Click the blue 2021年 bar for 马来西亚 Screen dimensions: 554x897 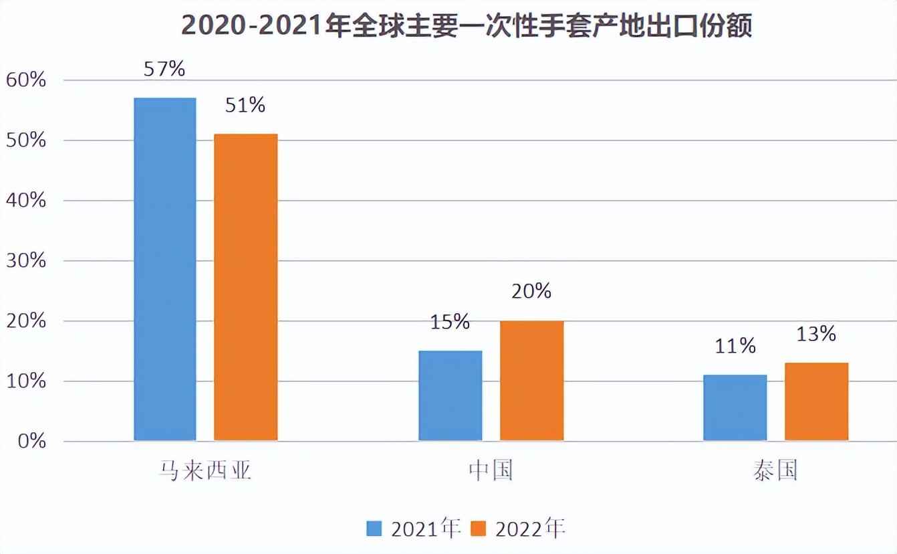[165, 269]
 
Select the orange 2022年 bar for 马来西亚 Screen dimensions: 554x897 [245, 287]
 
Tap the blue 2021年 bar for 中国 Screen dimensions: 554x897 [450, 395]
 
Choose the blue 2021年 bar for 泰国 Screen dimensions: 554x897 [735, 407]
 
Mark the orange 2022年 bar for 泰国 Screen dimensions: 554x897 [816, 401]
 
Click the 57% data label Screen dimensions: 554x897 [164, 68]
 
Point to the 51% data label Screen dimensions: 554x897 [245, 105]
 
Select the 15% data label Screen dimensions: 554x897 [450, 322]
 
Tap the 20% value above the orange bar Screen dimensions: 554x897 [531, 291]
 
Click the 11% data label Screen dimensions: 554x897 [735, 346]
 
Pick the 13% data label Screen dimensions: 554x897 [816, 333]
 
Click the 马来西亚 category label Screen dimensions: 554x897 [205, 471]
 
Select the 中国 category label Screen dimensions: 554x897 [491, 471]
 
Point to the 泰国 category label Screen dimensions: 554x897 [775, 471]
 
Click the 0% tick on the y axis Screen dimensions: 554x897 [31, 442]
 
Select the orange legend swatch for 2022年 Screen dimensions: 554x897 [479, 529]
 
